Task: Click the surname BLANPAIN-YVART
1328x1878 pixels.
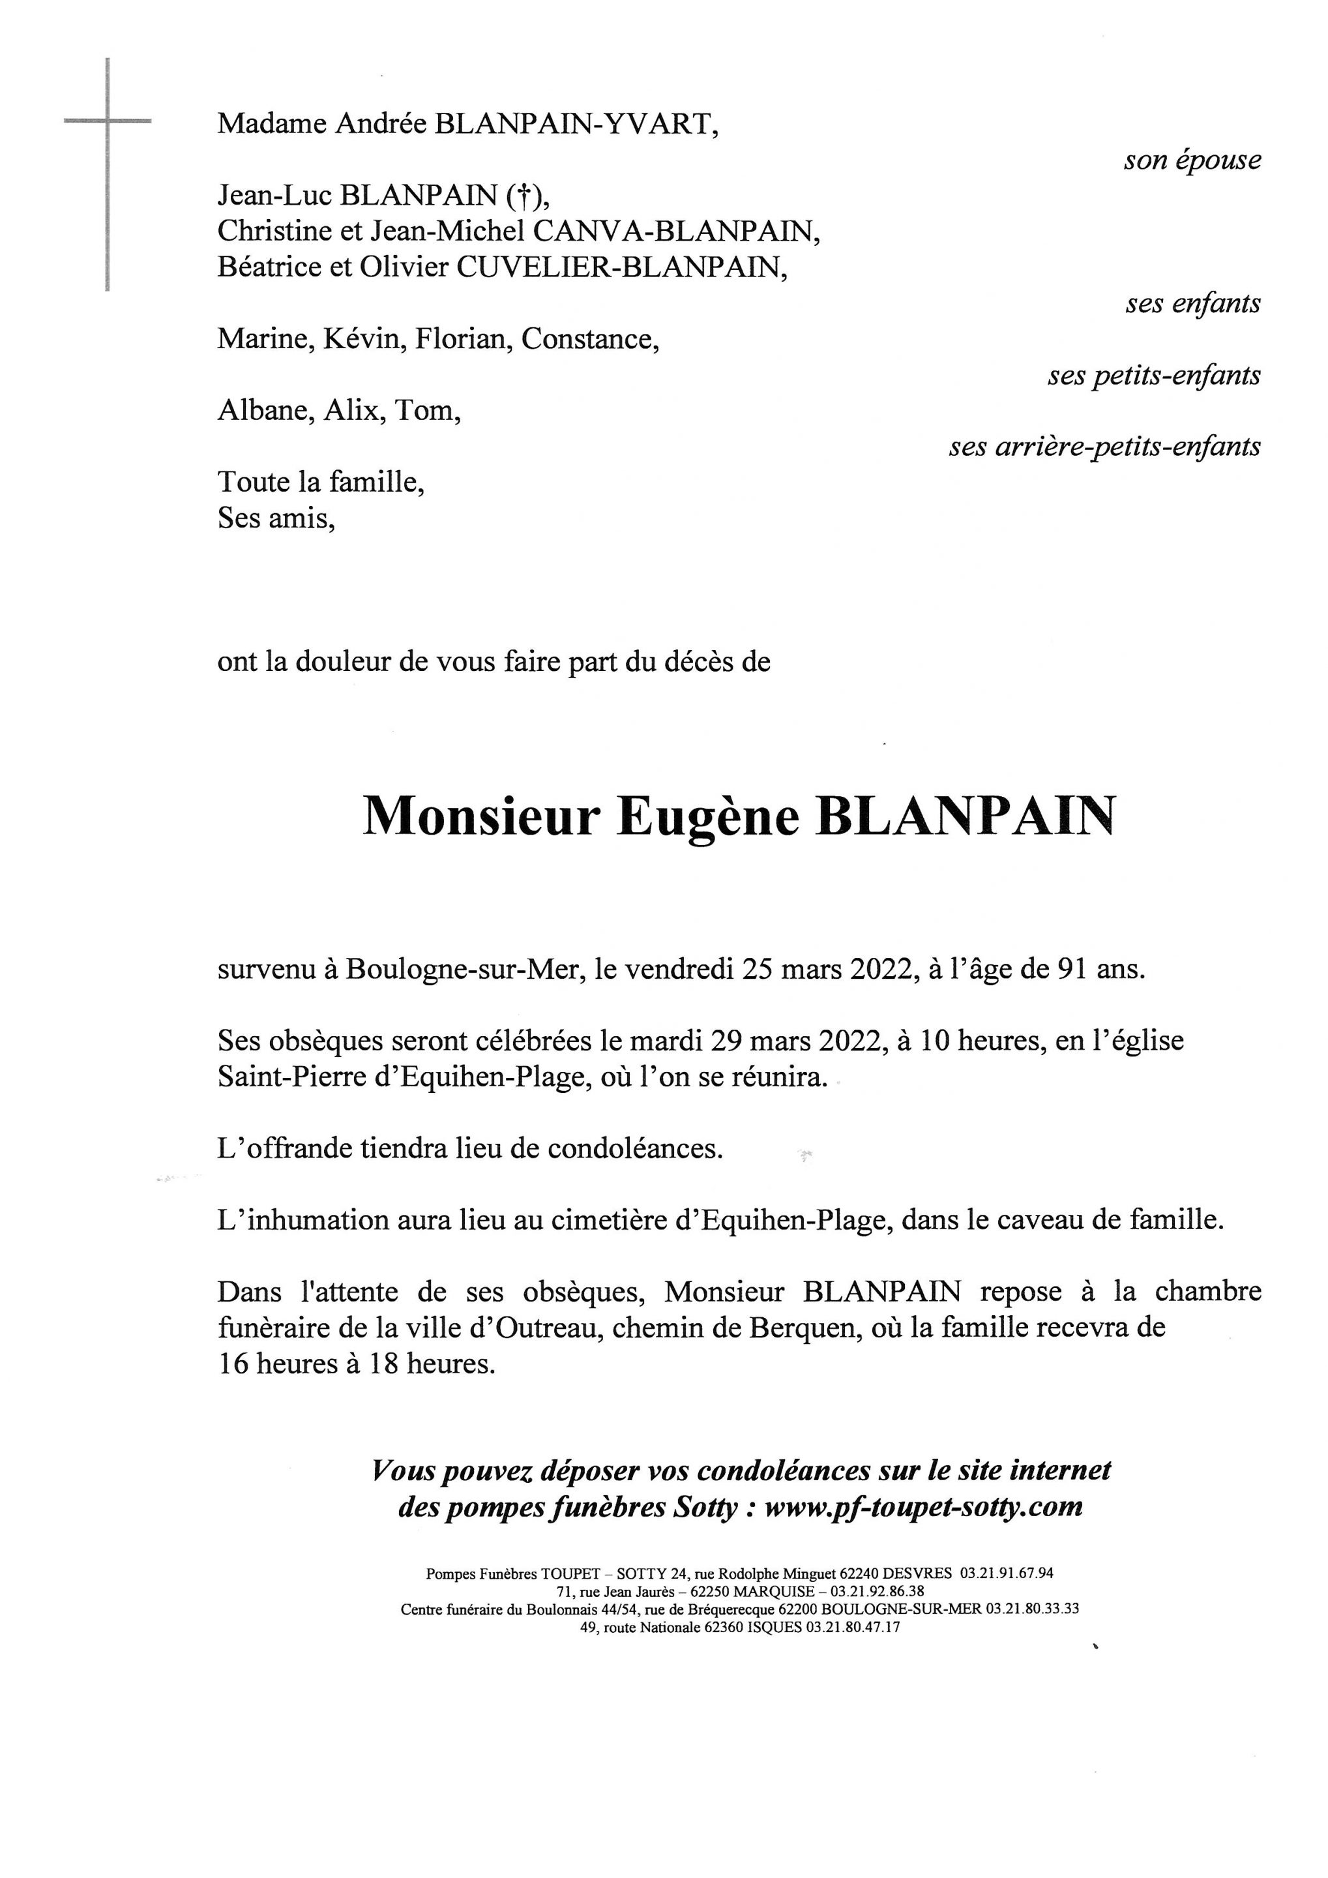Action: [x=576, y=125]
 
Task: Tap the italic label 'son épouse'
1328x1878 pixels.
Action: [x=1192, y=161]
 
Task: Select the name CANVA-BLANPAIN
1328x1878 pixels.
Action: [x=676, y=232]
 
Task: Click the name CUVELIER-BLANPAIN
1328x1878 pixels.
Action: [x=621, y=268]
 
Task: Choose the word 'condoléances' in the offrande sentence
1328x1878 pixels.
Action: [x=634, y=1149]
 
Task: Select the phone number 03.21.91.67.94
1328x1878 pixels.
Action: [x=1007, y=1573]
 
